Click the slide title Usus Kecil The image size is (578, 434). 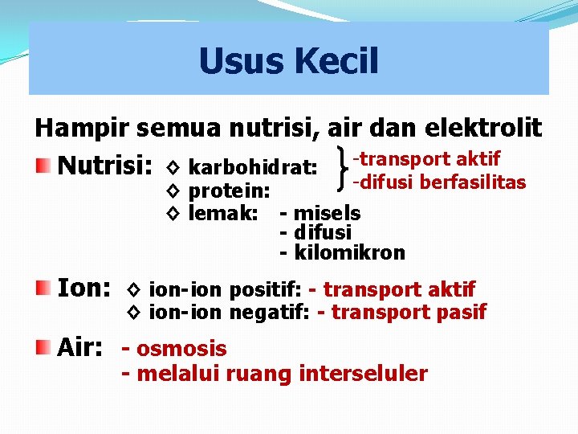tap(288, 61)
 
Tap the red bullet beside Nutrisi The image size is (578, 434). tap(43, 166)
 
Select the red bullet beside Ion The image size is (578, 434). tap(43, 287)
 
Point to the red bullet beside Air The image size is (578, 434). tap(43, 347)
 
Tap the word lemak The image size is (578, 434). tap(222, 213)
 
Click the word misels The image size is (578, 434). tap(327, 213)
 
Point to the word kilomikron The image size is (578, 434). tap(349, 252)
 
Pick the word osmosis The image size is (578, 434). tap(181, 349)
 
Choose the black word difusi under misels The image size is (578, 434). tap(323, 232)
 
